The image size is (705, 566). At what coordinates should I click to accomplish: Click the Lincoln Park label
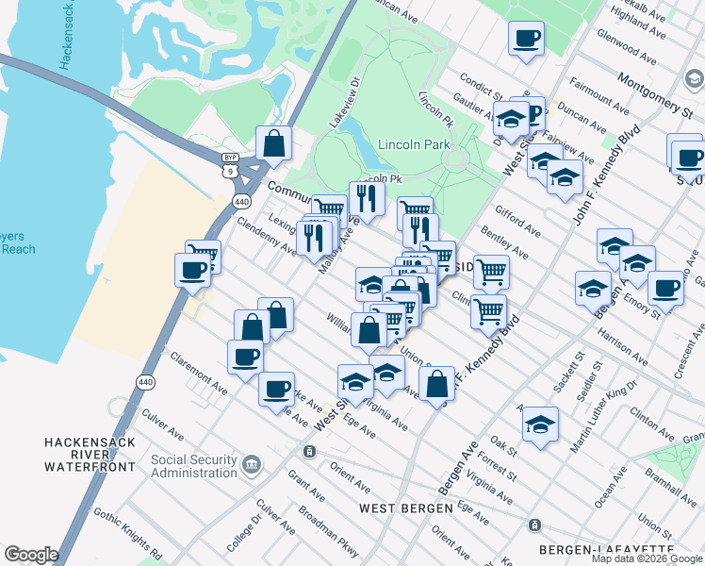414,144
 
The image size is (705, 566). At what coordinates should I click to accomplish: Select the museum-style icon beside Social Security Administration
252,463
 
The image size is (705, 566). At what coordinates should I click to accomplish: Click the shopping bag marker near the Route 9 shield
273,145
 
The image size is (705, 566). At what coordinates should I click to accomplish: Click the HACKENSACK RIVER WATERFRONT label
90,448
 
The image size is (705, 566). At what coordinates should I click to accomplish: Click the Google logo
31,555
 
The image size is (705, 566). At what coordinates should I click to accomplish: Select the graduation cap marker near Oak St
540,424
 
